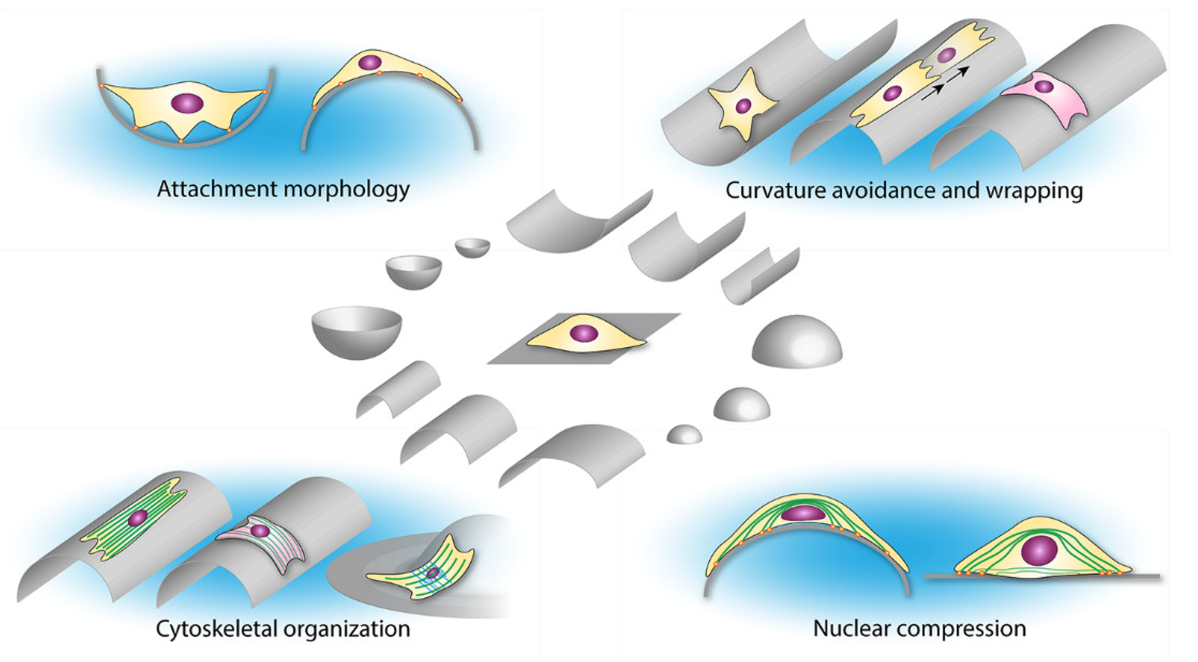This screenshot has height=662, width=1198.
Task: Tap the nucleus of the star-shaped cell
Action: coord(743,106)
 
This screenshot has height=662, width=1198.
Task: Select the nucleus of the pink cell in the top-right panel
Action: coord(1044,86)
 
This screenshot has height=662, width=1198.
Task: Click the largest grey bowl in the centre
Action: coord(357,331)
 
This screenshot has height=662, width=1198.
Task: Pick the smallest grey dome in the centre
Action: coord(684,434)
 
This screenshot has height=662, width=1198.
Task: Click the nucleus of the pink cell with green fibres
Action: coord(259,531)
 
